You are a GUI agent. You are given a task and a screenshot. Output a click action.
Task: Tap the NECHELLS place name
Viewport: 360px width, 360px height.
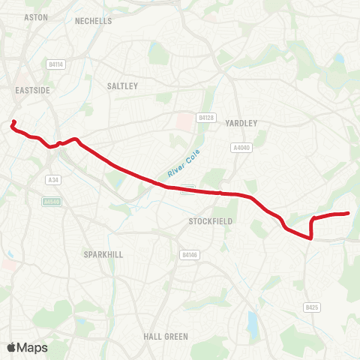coord(94,21)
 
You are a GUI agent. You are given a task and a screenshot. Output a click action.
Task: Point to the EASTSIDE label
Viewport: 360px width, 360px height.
coord(32,89)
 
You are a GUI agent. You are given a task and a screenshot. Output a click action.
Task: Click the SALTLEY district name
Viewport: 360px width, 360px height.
coord(123,86)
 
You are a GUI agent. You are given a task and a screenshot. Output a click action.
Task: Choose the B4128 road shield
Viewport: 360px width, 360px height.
coord(207,118)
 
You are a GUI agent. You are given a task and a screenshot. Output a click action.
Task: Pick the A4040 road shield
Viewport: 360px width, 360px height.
coord(241,148)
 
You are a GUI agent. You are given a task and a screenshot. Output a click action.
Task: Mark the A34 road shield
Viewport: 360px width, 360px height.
coord(52,179)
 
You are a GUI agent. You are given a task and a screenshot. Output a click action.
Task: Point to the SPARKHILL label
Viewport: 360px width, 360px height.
coord(103,253)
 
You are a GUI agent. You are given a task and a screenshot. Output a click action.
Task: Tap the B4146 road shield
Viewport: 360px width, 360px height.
coord(190,256)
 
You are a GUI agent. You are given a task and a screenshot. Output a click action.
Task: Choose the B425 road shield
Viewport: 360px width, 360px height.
coord(312,307)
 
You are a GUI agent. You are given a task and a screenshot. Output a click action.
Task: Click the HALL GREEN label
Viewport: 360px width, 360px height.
coord(166,337)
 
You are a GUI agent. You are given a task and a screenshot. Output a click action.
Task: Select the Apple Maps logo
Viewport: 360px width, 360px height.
coord(27,347)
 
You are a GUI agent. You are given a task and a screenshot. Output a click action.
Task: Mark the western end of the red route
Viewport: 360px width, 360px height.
coord(13,120)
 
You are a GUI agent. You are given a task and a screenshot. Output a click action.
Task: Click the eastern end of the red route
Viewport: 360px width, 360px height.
coord(349,214)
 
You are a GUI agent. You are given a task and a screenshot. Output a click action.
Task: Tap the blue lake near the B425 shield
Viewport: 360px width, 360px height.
coord(253,324)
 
